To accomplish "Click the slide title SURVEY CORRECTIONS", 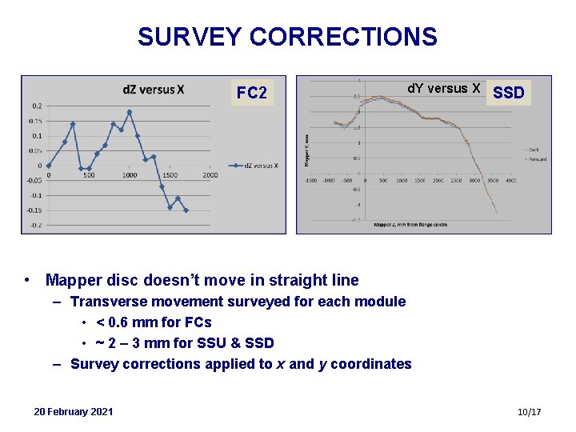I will click(x=287, y=37).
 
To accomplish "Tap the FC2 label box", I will click(x=252, y=93).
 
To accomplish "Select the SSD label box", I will click(x=509, y=93).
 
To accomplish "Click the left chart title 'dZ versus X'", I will click(x=153, y=89).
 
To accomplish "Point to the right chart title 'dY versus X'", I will click(x=444, y=88).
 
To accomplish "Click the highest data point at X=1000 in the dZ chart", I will click(x=130, y=112).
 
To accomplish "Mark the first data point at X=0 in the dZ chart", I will click(x=49, y=166).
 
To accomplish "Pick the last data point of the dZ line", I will click(x=186, y=210).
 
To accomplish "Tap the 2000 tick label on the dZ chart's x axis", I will click(x=210, y=176).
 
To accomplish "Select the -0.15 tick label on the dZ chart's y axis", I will click(x=34, y=210).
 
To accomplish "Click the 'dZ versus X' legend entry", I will click(x=255, y=166).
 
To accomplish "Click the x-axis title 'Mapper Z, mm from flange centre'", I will click(x=410, y=225).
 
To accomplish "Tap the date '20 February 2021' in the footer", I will click(x=74, y=411).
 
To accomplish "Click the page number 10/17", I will click(x=530, y=411).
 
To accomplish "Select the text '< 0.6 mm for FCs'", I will click(x=154, y=322).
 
